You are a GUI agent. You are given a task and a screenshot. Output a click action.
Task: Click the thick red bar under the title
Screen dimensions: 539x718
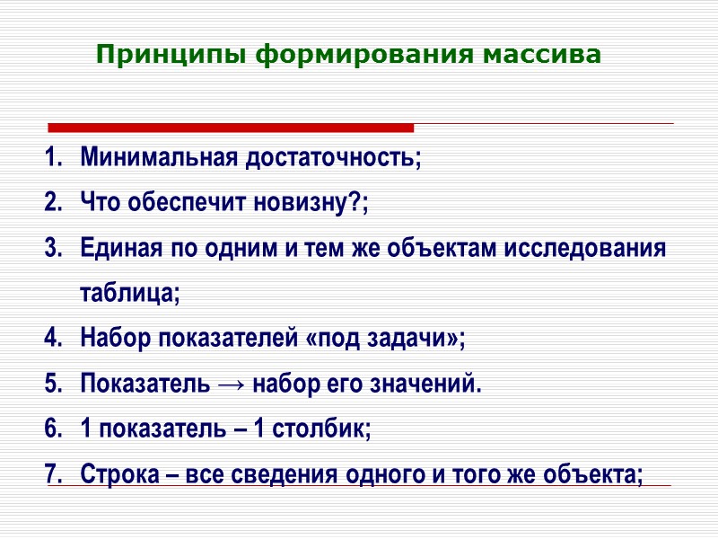[x=230, y=128]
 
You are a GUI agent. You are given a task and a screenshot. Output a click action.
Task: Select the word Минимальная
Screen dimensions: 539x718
[x=158, y=159]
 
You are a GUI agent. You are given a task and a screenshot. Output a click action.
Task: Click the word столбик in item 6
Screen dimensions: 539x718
[x=322, y=429]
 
